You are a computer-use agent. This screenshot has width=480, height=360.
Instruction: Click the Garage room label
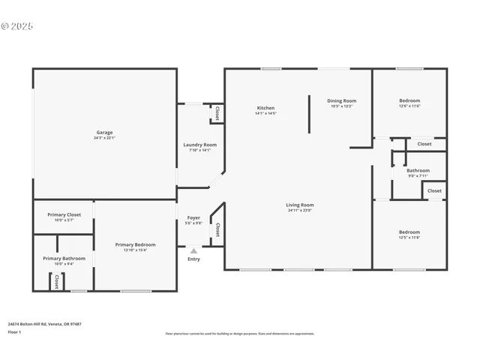[103, 132]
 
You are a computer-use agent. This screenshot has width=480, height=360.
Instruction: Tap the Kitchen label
[265, 108]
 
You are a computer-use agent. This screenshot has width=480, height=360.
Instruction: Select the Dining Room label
[341, 100]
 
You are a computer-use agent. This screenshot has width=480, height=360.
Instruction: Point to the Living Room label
[299, 205]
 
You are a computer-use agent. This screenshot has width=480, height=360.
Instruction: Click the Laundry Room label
[200, 145]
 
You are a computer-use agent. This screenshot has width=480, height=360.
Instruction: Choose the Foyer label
[193, 217]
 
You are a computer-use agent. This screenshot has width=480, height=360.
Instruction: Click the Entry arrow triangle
[193, 251]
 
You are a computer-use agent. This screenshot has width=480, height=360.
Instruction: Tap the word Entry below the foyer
[193, 259]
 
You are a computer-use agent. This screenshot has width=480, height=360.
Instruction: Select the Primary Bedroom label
[135, 244]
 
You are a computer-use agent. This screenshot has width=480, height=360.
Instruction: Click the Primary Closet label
[64, 214]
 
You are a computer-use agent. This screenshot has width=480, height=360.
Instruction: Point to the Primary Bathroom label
[64, 258]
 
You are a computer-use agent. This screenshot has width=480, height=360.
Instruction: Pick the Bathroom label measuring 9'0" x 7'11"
[418, 170]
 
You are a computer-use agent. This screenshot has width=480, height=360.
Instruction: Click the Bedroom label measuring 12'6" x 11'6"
[409, 100]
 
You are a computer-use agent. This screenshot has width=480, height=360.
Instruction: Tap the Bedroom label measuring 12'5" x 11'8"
[409, 232]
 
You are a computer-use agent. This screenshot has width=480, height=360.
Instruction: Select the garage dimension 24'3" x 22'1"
[103, 138]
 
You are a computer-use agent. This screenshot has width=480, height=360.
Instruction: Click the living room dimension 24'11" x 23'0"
[299, 211]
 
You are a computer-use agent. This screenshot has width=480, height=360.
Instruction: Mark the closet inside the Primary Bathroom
[56, 280]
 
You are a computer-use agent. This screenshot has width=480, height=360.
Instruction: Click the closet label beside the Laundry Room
[217, 113]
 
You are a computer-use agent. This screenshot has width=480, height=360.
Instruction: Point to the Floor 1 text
[14, 331]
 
